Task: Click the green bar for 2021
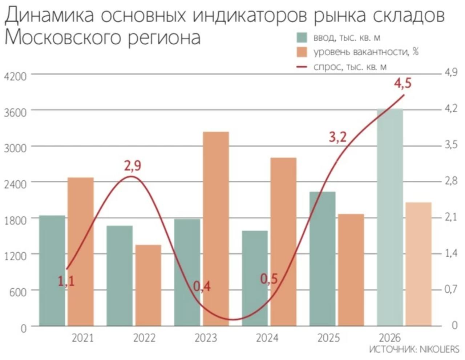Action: (52, 271)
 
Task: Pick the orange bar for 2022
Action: (148, 285)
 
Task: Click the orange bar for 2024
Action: (283, 241)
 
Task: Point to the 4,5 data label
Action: (403, 83)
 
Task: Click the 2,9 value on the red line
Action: (133, 166)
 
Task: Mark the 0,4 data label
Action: (202, 287)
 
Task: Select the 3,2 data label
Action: (338, 137)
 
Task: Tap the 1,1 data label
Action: (66, 281)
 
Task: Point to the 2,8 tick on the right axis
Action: (451, 181)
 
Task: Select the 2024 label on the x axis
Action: (267, 338)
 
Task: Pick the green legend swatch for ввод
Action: (302, 37)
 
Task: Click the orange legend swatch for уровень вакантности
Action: (302, 52)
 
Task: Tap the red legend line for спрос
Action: (302, 67)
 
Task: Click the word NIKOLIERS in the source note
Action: (439, 349)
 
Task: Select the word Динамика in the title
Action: (49, 16)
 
